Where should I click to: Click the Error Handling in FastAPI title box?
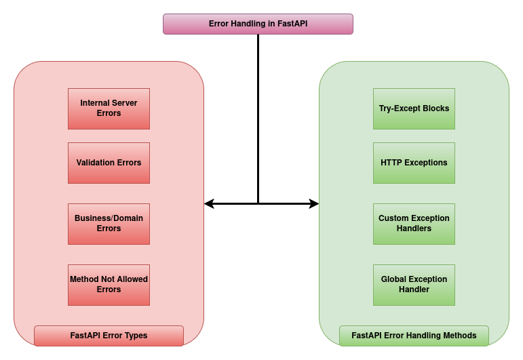[258, 24]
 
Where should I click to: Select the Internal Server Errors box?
[109, 108]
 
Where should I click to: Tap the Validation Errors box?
[109, 163]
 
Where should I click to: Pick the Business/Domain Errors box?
[109, 224]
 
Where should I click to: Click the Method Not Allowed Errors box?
[109, 285]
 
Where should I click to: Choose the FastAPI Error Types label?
[109, 336]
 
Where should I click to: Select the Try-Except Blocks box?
[414, 108]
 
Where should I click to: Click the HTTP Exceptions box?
[414, 163]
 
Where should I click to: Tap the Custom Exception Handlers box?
[414, 224]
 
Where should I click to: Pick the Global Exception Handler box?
[414, 285]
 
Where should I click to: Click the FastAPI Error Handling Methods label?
[414, 336]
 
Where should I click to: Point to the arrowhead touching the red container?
[209, 203]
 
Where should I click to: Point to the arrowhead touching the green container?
[314, 203]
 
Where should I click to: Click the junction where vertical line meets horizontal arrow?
[258, 203]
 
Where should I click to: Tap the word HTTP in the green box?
[392, 163]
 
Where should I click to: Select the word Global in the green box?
[395, 279]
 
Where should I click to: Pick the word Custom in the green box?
[393, 218]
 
